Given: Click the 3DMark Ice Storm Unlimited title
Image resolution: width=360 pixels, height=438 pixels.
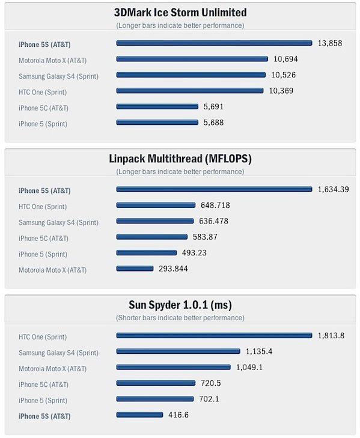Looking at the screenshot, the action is (180, 13).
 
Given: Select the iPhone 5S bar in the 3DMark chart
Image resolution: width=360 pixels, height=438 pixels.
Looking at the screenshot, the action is (214, 43).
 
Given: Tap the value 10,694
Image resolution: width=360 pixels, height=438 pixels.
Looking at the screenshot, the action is (285, 59).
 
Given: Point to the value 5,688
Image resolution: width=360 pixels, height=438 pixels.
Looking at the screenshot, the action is (213, 123).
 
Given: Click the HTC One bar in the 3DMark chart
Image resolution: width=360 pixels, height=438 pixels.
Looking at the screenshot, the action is (190, 91).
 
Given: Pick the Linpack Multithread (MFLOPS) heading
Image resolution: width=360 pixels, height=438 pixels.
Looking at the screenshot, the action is (180, 159).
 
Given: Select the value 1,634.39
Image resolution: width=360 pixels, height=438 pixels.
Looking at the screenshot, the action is (333, 189).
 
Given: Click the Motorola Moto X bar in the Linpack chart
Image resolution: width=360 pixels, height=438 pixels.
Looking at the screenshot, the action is (135, 269).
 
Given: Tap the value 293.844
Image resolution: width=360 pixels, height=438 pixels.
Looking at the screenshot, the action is (173, 269).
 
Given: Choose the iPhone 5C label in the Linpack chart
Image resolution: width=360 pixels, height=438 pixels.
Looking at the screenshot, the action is (43, 239).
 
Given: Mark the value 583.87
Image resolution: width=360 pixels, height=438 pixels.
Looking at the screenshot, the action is (205, 237).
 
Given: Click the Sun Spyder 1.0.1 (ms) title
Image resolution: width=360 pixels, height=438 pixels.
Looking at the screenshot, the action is (180, 305).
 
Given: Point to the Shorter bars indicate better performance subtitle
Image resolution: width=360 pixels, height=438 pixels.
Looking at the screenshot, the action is (180, 318).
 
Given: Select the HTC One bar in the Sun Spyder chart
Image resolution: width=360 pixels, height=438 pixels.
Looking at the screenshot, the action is (214, 335).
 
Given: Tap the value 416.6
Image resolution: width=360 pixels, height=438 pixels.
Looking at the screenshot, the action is (178, 415).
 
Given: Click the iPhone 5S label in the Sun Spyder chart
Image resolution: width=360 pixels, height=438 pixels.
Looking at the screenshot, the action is (44, 416).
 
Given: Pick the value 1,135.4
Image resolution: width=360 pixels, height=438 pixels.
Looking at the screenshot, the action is (259, 351).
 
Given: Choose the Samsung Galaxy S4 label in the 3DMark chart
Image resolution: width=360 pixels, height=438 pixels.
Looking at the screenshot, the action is (58, 76).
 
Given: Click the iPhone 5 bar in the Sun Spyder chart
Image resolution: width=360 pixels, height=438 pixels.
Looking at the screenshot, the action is (155, 398).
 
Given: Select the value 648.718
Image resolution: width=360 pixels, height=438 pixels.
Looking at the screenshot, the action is (215, 205).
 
